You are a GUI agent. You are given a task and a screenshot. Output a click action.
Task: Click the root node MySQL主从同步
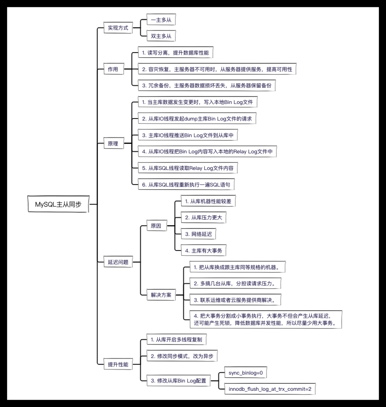tap(58, 204)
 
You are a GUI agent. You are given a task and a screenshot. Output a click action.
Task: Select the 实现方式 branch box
tap(118, 28)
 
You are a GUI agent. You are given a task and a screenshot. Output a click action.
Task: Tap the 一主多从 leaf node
tap(161, 20)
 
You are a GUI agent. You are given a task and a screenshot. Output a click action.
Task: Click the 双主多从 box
tap(161, 36)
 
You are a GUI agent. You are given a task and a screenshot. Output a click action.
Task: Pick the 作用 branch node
tap(113, 69)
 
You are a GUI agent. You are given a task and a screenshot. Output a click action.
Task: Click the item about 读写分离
tap(175, 53)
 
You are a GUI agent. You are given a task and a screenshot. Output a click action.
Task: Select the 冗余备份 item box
tap(207, 86)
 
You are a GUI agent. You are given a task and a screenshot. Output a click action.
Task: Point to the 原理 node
tap(113, 143)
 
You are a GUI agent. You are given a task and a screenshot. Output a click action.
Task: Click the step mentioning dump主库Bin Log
tap(197, 119)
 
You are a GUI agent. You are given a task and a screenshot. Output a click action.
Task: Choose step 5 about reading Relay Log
tap(187, 168)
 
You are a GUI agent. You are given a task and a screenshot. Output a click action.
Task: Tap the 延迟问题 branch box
tap(118, 262)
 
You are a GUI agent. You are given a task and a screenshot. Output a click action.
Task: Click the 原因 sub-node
tap(156, 226)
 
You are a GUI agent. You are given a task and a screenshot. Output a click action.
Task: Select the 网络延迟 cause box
tap(198, 234)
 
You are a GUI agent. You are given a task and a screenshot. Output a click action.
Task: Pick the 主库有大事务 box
tap(203, 251)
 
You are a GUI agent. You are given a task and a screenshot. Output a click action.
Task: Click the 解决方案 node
tap(161, 295)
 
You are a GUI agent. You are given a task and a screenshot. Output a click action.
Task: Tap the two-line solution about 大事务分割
tap(266, 320)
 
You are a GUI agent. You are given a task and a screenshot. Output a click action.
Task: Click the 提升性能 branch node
tap(118, 364)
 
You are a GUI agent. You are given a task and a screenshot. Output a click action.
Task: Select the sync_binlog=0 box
tap(246, 373)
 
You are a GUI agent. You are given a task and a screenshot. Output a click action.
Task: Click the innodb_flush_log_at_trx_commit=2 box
tap(270, 389)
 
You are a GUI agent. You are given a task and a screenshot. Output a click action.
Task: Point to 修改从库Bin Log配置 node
tap(178, 381)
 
